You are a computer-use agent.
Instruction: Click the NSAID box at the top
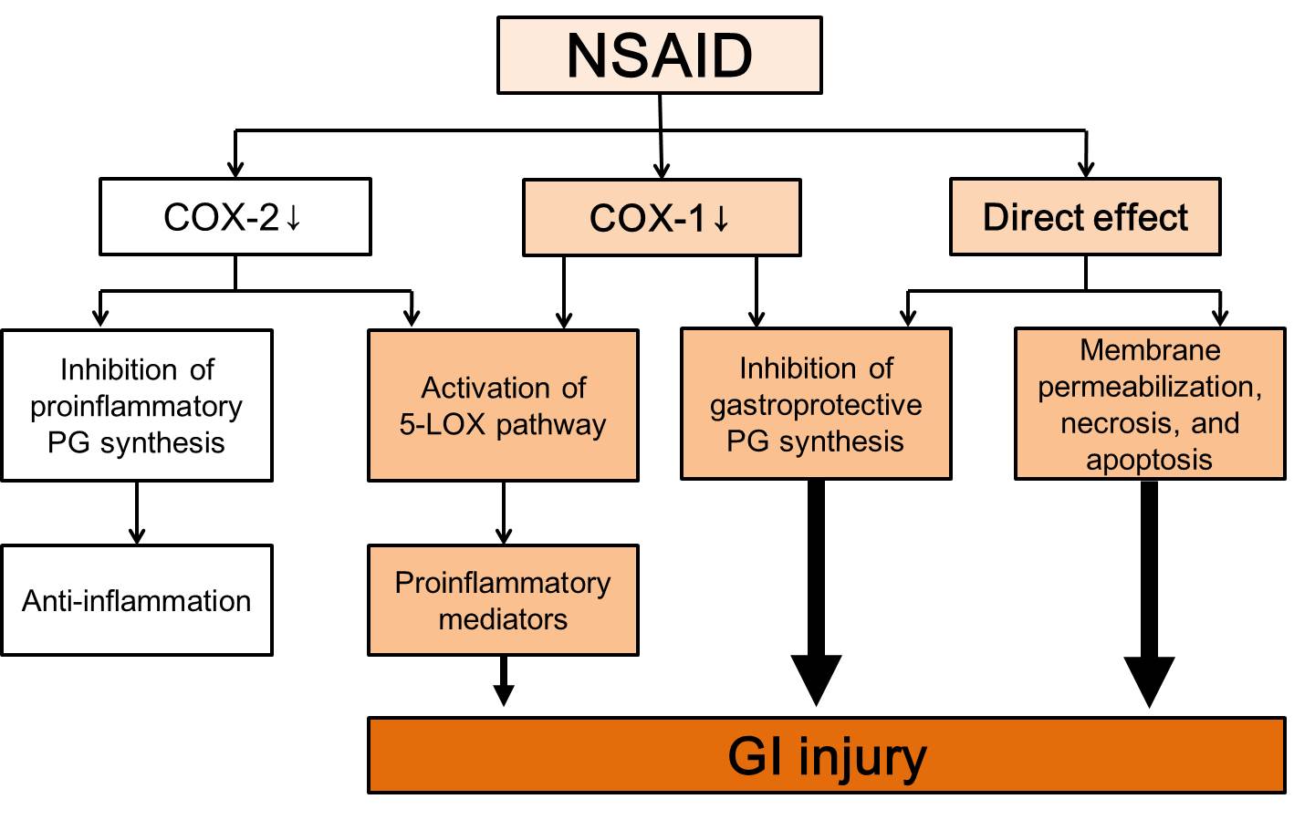[660, 56]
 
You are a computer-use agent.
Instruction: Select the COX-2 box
[235, 216]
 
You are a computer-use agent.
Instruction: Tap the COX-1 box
[662, 218]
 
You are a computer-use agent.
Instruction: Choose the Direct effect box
[1085, 216]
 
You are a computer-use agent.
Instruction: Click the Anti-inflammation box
[137, 600]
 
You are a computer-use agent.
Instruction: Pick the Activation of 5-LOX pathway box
[503, 405]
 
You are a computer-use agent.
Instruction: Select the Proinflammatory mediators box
[503, 600]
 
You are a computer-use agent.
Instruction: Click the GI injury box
[827, 755]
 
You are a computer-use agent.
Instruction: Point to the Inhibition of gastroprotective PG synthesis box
[816, 404]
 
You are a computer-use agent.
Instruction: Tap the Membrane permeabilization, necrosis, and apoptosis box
[1150, 404]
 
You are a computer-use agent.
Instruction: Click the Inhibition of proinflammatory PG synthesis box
[137, 405]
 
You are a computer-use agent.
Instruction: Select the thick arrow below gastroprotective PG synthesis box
[816, 593]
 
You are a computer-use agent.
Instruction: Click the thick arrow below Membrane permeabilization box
[1150, 594]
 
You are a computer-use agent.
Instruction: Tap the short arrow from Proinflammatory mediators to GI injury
[504, 681]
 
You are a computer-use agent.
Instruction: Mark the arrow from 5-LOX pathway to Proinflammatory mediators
[504, 513]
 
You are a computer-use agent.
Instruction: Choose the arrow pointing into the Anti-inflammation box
[137, 513]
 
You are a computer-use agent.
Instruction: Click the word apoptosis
[1149, 461]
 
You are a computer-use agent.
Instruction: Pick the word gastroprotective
[816, 406]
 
